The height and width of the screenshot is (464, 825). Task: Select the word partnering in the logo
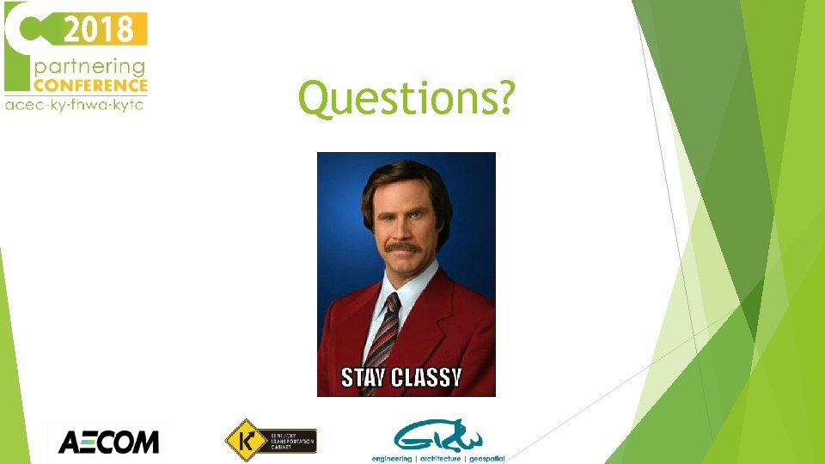tap(89, 66)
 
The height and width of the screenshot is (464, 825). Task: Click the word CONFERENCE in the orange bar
tap(90, 85)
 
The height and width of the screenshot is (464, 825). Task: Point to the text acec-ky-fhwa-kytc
tap(75, 105)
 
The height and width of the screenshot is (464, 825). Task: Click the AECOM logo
tap(108, 443)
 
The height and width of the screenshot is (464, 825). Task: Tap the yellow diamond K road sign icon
tap(243, 441)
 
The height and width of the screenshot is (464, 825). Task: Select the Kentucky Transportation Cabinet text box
tap(291, 442)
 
